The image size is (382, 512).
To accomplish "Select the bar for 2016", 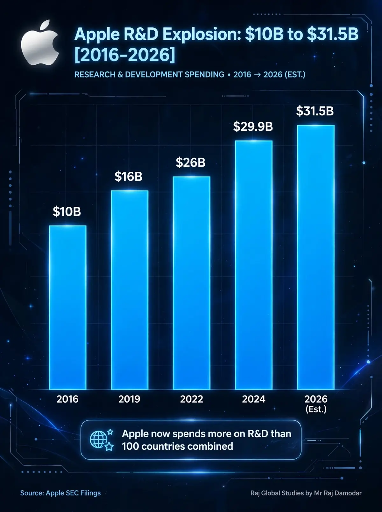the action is click(68, 308).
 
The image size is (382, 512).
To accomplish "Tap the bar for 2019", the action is click(130, 290).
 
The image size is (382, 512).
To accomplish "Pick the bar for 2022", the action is click(191, 283).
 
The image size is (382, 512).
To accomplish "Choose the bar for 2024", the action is click(254, 265).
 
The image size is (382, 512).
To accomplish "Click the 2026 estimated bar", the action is click(316, 257).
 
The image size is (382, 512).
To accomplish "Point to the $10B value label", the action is click(67, 211).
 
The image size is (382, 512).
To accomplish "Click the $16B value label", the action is click(128, 176).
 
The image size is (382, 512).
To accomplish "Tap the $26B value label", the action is click(191, 163).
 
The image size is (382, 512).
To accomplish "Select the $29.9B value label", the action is click(253, 127).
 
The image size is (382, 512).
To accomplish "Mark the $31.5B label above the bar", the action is click(315, 111).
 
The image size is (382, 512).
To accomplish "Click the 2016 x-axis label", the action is click(67, 399).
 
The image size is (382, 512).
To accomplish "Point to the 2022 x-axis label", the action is click(191, 399).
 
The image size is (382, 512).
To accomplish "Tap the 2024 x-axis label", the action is click(254, 399).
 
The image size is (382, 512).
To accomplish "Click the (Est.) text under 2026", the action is click(316, 409).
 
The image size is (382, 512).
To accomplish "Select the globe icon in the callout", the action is click(99, 439).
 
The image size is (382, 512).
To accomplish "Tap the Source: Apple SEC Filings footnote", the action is click(60, 493).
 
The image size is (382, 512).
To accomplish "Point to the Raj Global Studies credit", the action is click(306, 493).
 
